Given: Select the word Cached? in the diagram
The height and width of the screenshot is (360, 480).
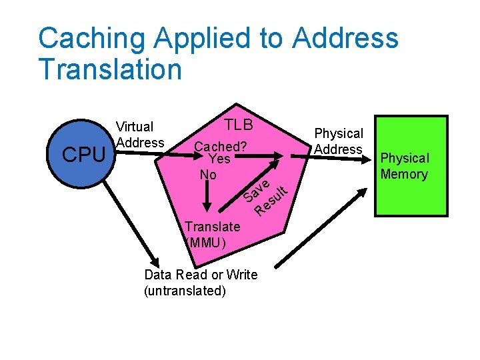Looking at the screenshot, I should pyautogui.click(x=221, y=147).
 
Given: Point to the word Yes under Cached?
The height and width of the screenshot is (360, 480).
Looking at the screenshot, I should pyautogui.click(x=219, y=159).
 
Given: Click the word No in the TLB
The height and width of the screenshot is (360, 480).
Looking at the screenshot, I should pyautogui.click(x=208, y=174).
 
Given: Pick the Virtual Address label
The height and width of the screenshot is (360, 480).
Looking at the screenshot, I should pyautogui.click(x=139, y=134).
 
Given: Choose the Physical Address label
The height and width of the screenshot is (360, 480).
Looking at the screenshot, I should pyautogui.click(x=339, y=141).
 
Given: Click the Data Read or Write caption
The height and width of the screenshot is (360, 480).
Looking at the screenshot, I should pyautogui.click(x=201, y=275).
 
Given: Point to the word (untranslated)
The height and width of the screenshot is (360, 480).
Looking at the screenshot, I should pyautogui.click(x=185, y=291).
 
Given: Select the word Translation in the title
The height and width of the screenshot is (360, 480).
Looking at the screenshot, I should pyautogui.click(x=110, y=69).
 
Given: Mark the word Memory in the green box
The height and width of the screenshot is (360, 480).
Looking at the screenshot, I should pyautogui.click(x=404, y=174).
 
